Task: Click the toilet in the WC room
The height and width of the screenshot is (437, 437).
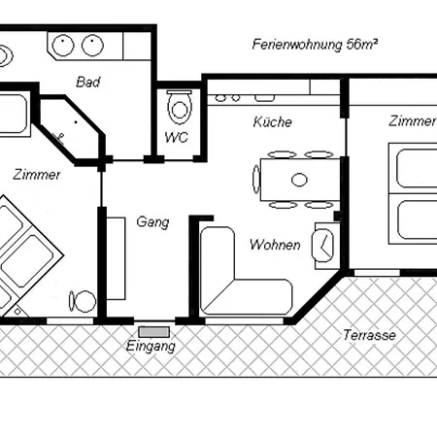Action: pos(180,107)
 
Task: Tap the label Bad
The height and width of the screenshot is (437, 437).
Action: pos(88,82)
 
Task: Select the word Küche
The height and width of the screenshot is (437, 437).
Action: pos(273,121)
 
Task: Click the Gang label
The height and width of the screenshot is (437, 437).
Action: pos(152,222)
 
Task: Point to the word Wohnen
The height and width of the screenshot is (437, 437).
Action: pos(275,245)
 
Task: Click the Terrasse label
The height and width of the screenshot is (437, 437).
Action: pos(369,335)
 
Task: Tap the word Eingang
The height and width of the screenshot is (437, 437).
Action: pos(151,346)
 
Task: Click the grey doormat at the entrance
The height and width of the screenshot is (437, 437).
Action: pos(154,332)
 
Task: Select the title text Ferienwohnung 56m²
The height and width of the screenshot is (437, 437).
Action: pos(315,45)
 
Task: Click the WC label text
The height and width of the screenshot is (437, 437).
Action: pos(177,138)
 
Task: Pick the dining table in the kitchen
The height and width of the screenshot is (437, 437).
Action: pos(300,180)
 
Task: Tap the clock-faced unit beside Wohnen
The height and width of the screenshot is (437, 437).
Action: pos(322,245)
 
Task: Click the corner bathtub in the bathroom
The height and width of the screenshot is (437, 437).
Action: pos(70,129)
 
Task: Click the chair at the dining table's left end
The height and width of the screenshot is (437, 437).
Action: pos(256,180)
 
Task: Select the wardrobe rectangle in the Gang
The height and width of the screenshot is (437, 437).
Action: pos(116,258)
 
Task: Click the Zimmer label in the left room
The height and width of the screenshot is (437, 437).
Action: pos(37,175)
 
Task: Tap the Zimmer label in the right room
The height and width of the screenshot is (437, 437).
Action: pos(412,121)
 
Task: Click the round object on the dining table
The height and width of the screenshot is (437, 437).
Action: pos(299,180)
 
